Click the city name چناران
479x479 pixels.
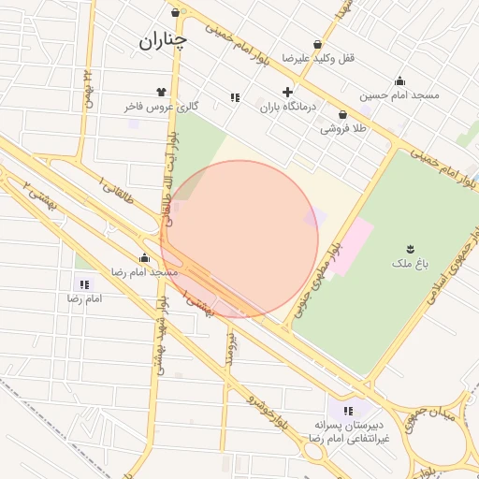point(164,40)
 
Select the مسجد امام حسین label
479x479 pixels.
point(399,94)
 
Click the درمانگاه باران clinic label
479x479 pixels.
point(287,107)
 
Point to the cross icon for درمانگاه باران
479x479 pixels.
point(287,92)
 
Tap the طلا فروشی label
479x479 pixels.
point(343,128)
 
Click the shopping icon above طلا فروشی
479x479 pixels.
point(343,114)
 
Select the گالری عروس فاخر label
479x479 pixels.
point(161,107)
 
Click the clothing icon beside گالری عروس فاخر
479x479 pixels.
point(161,92)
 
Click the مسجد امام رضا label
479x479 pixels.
point(145,271)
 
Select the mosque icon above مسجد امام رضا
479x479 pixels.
point(145,257)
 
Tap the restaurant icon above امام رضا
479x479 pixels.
point(85,283)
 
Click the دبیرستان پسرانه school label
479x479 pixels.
point(348,426)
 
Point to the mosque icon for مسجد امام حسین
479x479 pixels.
point(399,80)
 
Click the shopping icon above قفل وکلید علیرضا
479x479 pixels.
point(318,44)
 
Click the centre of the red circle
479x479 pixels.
point(239,239)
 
